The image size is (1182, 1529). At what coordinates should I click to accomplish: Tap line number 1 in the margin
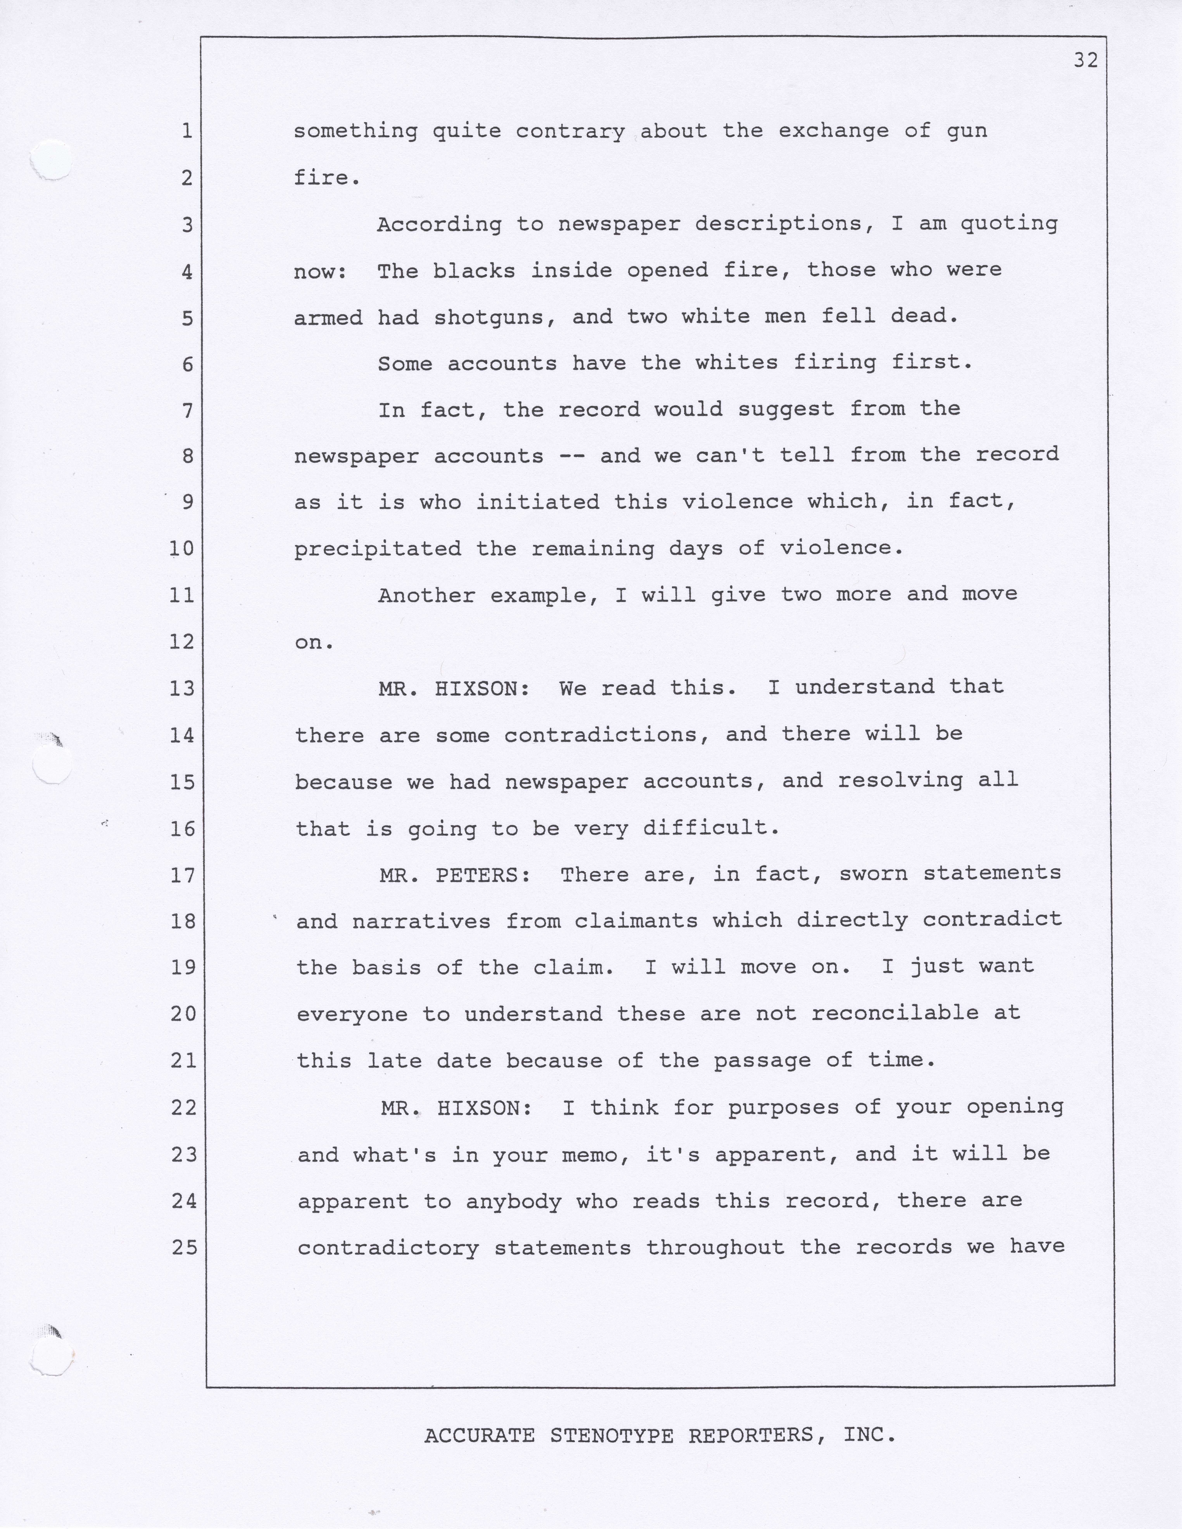click(186, 131)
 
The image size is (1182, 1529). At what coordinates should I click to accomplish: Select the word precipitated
click(377, 549)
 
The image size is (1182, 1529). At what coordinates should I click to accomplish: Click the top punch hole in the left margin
click(52, 160)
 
